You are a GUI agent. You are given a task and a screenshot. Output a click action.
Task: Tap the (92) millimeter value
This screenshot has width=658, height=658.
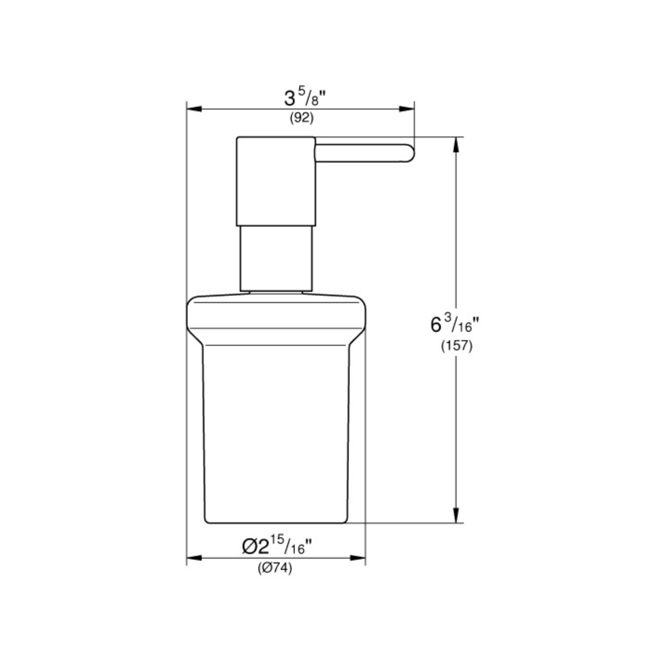[x=302, y=118]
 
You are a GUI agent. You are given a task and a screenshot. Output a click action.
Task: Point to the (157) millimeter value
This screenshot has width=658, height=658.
[x=457, y=346]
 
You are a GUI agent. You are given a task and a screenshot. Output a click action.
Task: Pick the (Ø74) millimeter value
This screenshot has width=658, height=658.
[x=275, y=568]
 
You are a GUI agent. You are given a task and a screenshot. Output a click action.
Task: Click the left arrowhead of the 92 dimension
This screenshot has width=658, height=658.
[x=194, y=109]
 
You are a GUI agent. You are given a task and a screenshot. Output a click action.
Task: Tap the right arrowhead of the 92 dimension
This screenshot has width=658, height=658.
[x=407, y=109]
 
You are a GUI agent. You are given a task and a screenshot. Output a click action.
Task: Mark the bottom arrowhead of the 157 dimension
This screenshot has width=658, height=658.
[x=456, y=515]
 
